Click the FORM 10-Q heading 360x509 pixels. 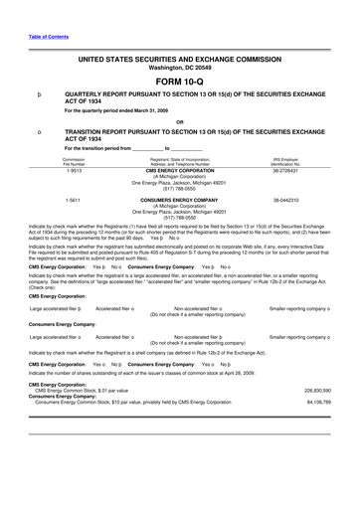[179, 80]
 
